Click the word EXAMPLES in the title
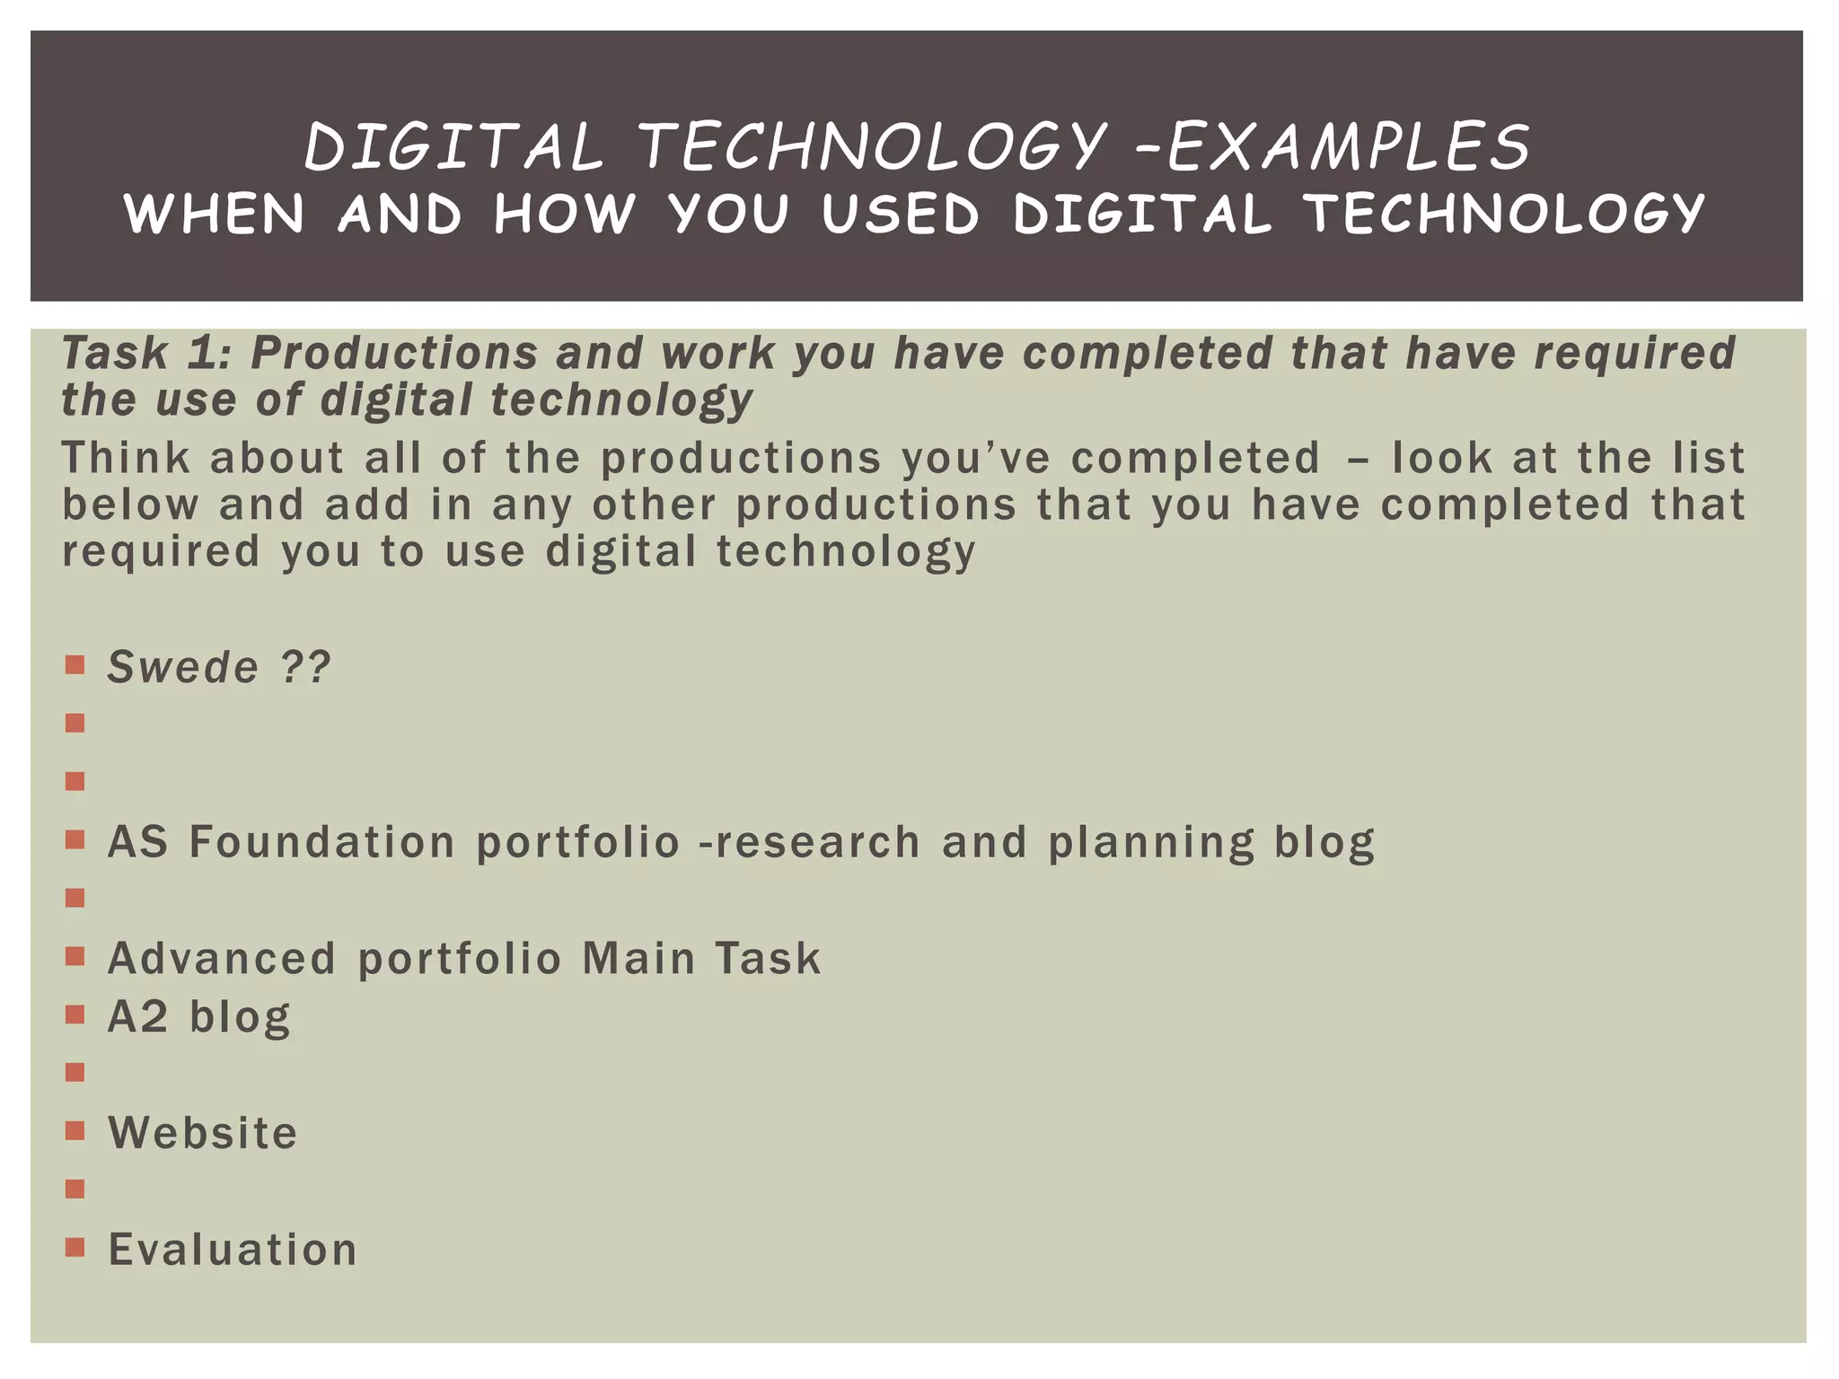[x=1349, y=147]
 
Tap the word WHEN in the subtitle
[x=215, y=215]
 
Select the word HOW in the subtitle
[x=564, y=215]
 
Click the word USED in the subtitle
[x=900, y=215]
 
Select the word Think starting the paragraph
[x=126, y=458]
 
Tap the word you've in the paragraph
[x=975, y=458]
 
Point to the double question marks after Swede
[x=305, y=667]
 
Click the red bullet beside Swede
[x=75, y=665]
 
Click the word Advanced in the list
[x=222, y=958]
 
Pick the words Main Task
[x=701, y=958]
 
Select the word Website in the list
[x=203, y=1133]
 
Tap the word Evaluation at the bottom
[x=233, y=1249]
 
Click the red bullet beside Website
[x=75, y=1130]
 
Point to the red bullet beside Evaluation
[x=75, y=1247]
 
